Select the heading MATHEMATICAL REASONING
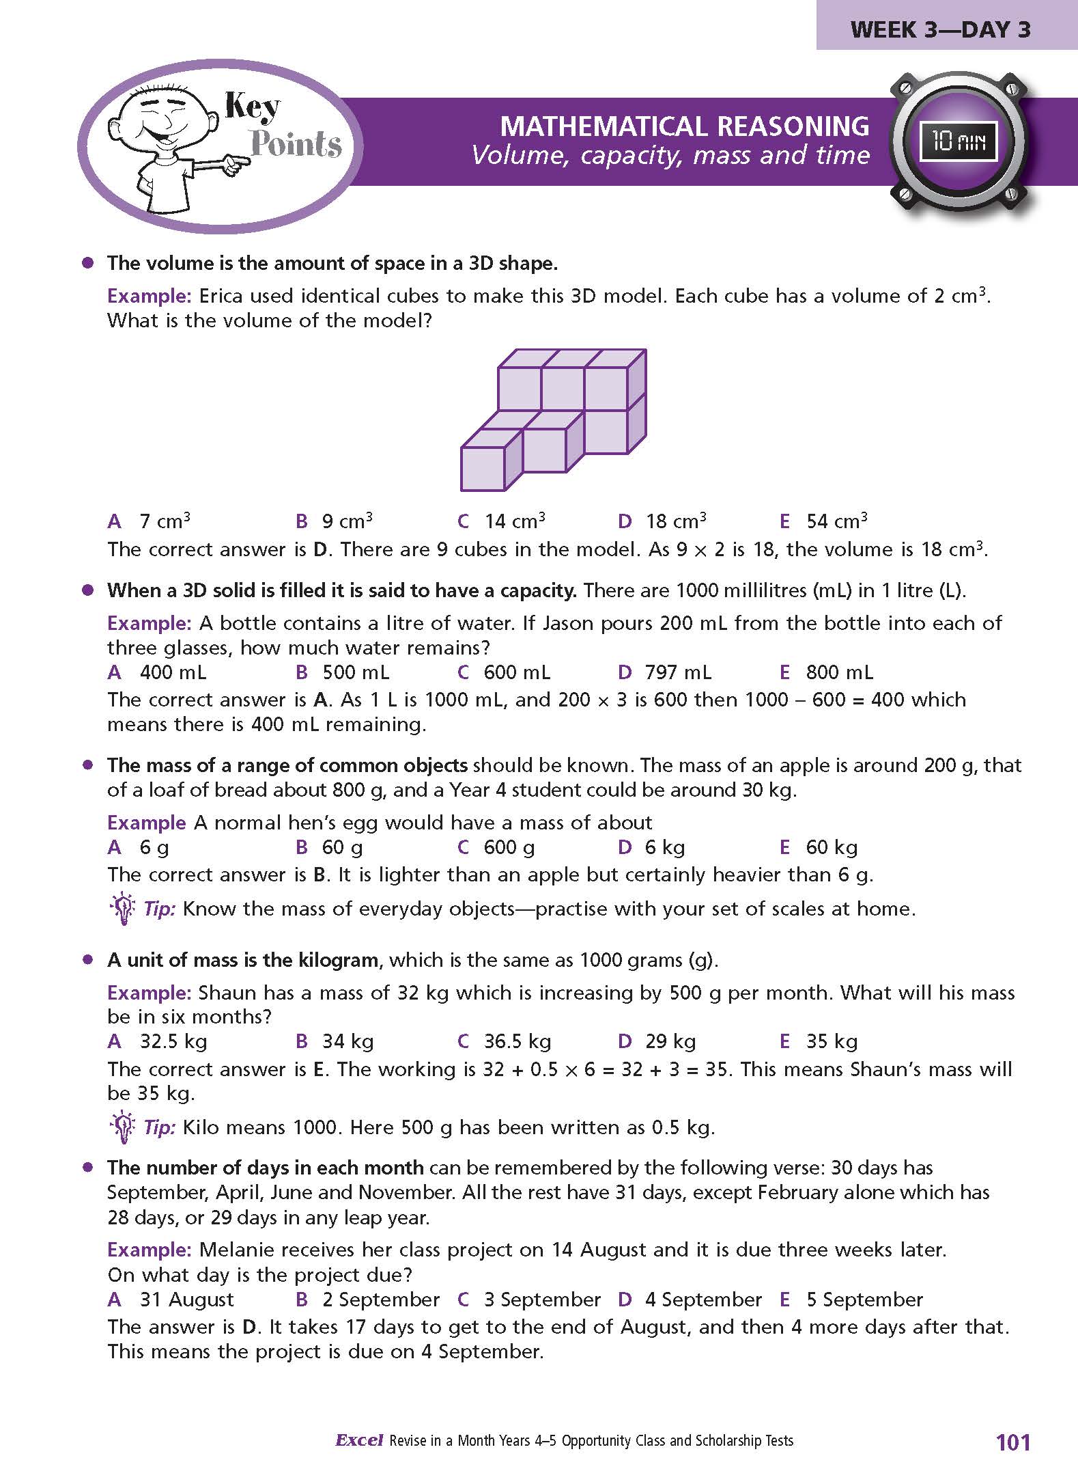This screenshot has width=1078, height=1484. click(x=684, y=126)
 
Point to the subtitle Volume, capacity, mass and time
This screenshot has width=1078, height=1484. click(x=670, y=156)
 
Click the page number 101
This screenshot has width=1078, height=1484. click(x=1013, y=1442)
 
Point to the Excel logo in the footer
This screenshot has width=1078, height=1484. click(x=359, y=1440)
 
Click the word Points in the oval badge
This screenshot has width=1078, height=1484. click(x=296, y=143)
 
